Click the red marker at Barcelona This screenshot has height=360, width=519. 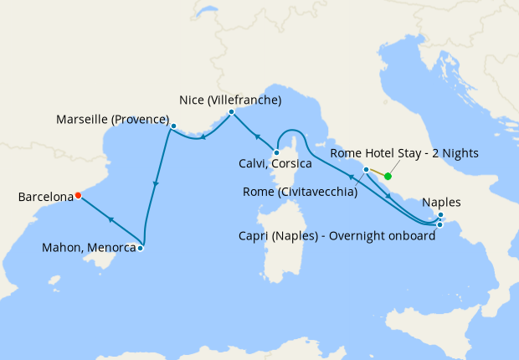coord(78,195)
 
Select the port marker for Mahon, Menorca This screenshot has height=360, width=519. coord(141,248)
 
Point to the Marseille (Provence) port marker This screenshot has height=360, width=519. coord(173,126)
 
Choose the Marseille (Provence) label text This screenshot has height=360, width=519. coord(112,120)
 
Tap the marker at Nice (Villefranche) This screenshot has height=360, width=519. coord(231,111)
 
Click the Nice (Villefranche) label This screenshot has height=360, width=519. coord(230,100)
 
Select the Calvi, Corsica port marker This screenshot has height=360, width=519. coord(275,152)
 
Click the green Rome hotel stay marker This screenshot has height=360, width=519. coord(388,177)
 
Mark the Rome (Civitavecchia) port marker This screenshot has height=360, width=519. coord(366,170)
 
